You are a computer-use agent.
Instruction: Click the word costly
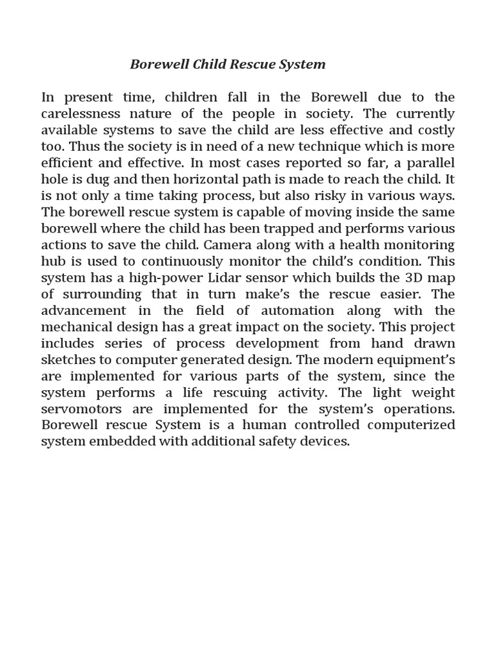point(435,130)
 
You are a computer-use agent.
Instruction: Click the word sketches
point(67,360)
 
